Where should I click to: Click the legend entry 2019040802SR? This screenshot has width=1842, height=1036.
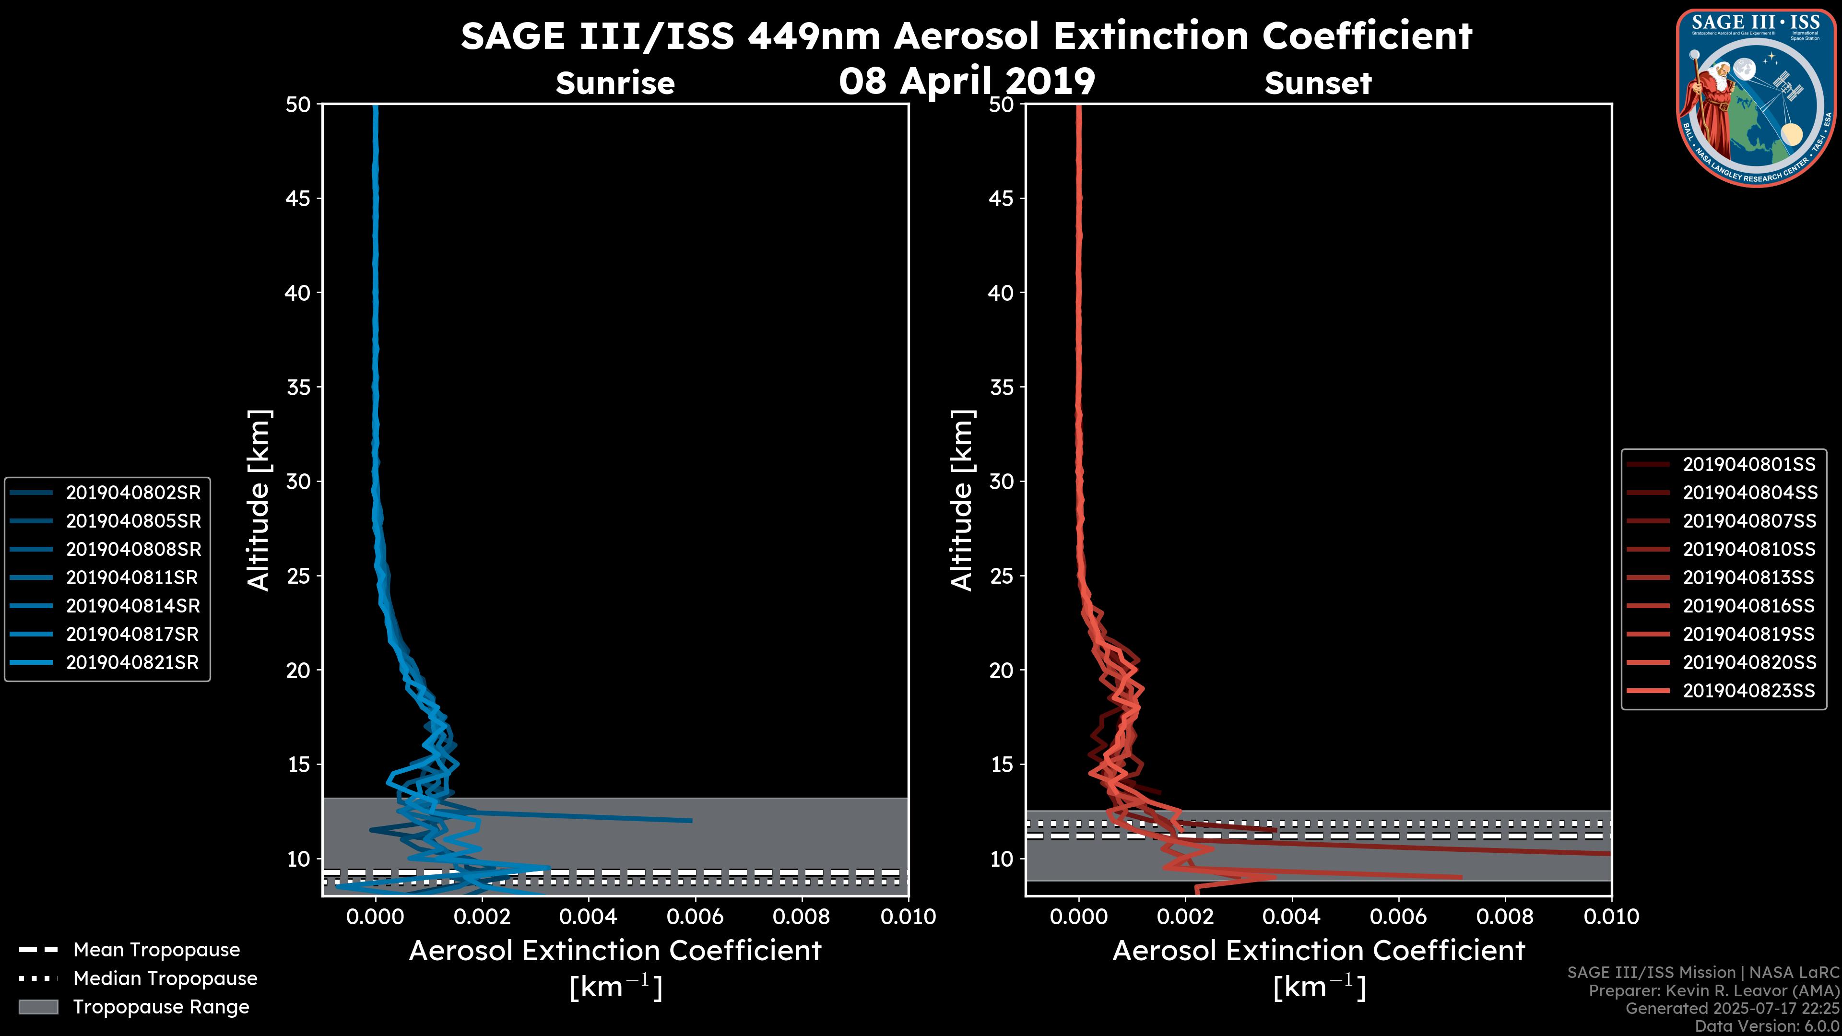133,493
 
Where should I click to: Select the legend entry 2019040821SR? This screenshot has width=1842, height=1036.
132,662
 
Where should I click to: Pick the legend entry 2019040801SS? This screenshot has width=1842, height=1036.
1748,464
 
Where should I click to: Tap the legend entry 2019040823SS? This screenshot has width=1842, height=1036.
1748,691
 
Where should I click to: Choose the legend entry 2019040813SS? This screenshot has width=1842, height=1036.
1748,577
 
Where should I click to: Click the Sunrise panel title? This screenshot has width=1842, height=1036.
615,83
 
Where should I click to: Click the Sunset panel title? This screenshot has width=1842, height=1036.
1318,83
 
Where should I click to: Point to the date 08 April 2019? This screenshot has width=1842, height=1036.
967,81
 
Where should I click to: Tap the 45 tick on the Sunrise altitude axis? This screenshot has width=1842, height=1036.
298,198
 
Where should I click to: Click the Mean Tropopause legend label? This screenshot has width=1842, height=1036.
156,950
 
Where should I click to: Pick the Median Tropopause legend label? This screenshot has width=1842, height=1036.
165,978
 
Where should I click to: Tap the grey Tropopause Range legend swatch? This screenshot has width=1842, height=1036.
38,1007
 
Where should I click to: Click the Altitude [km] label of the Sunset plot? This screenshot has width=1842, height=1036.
962,500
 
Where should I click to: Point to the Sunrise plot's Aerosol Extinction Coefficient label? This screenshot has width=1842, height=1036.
615,951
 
